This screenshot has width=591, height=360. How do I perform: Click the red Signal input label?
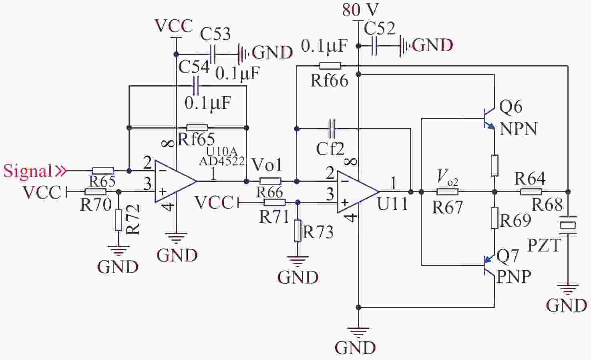(28, 171)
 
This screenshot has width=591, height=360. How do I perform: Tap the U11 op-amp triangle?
(355, 191)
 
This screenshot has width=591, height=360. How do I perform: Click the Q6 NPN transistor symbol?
(489, 119)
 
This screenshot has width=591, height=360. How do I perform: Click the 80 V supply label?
(360, 10)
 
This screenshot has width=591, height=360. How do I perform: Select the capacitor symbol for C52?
(375, 46)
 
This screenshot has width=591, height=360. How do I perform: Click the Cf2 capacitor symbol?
(332, 129)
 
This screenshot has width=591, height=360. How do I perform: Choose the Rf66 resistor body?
(330, 66)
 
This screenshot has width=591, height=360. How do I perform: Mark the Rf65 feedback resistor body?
(197, 128)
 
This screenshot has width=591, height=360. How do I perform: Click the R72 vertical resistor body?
(118, 220)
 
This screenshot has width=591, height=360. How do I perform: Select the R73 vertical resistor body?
(298, 230)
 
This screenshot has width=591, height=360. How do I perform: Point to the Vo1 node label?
(267, 165)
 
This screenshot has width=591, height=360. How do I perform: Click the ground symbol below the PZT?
(568, 289)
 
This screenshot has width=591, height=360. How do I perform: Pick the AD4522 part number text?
(222, 161)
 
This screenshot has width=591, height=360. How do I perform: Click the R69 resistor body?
(495, 218)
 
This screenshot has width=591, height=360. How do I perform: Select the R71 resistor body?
(275, 202)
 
